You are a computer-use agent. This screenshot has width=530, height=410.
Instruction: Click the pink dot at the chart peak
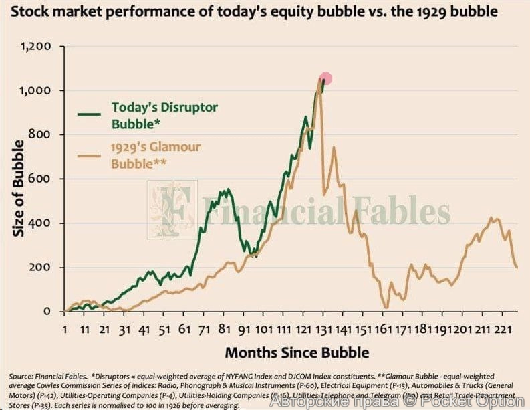point(325,79)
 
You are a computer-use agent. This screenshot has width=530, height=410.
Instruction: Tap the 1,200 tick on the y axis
point(37,47)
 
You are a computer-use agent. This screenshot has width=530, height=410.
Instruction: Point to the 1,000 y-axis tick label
point(37,91)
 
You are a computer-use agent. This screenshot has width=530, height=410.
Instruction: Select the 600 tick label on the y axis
point(41,179)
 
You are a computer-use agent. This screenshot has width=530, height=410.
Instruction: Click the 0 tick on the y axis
point(48,312)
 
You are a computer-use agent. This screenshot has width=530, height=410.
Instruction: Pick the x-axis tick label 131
point(323,330)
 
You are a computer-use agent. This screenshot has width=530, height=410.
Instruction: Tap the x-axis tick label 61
point(184,330)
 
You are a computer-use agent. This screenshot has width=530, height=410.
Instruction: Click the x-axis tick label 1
point(65,330)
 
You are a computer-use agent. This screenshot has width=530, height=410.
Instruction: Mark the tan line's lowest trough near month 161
point(386,307)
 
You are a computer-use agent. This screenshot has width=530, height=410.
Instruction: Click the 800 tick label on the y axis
point(41,135)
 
